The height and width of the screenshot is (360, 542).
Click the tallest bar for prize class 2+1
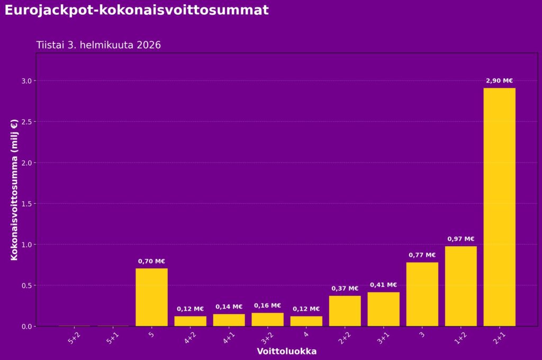tap(499, 206)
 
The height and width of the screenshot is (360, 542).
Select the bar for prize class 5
tap(151, 297)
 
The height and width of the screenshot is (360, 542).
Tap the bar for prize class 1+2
tap(460, 286)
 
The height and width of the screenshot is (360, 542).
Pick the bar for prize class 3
tap(422, 294)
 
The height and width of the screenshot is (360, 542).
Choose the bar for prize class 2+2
tap(345, 311)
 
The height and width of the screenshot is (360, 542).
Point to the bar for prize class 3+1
tap(383, 309)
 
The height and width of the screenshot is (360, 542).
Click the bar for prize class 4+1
tap(229, 320)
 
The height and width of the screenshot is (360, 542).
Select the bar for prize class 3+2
tap(267, 319)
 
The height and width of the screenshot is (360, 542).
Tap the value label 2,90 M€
tap(499, 81)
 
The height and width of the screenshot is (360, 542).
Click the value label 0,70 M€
tap(151, 261)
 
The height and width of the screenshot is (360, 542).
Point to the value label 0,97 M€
tap(460, 239)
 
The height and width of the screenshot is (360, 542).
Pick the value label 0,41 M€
tap(383, 285)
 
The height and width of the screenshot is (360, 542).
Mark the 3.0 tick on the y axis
tap(27, 81)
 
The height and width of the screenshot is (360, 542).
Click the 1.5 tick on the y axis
tap(27, 204)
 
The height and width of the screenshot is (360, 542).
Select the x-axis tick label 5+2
tap(75, 338)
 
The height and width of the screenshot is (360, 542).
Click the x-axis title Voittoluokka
tap(286, 352)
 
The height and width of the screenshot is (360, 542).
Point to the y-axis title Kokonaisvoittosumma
tap(14, 189)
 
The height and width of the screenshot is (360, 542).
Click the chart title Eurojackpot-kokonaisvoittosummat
tap(137, 10)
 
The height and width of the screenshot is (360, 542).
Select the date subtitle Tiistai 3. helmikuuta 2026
tap(98, 45)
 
